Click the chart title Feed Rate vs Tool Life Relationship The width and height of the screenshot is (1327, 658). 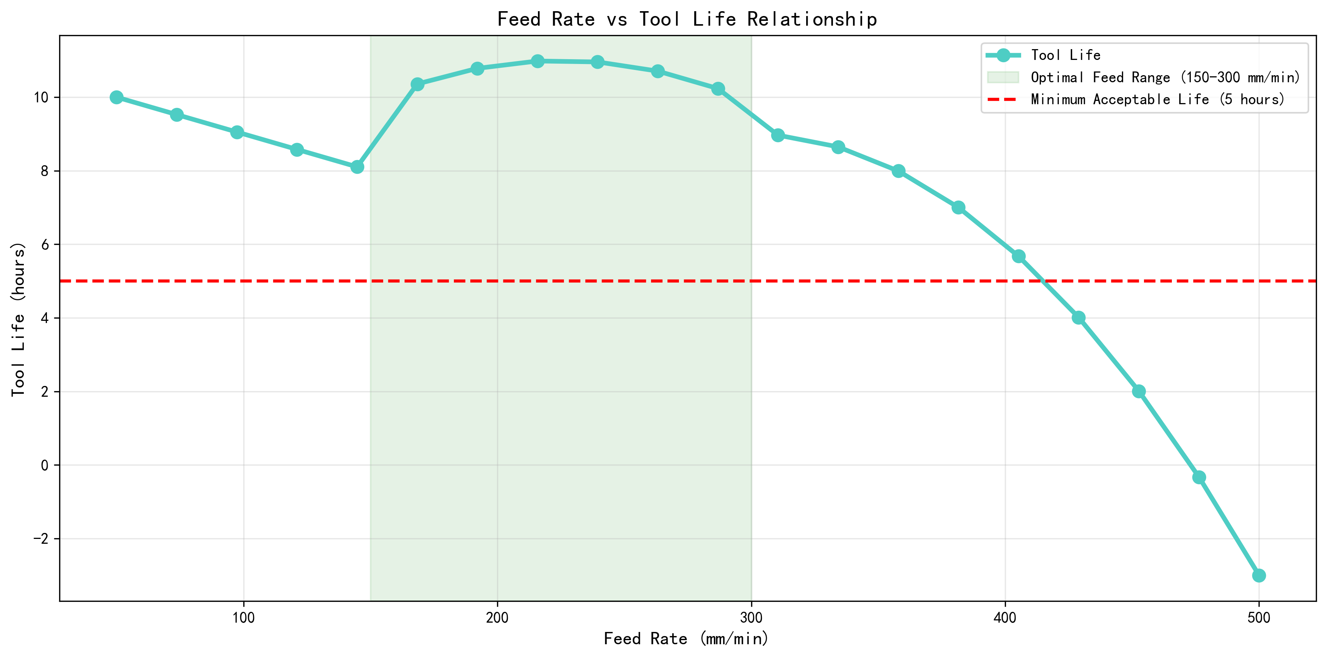(687, 20)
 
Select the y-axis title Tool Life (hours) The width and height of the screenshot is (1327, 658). (19, 319)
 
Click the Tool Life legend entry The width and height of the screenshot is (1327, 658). (1065, 55)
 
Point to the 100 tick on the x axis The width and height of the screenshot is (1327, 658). (244, 617)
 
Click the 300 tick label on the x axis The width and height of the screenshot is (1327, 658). (751, 617)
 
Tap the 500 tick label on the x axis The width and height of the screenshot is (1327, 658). (1259, 617)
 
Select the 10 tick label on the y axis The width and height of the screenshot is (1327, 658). (41, 98)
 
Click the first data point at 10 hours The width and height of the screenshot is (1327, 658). (116, 98)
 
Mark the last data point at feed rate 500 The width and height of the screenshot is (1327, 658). (1259, 575)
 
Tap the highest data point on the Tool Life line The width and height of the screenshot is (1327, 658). (537, 61)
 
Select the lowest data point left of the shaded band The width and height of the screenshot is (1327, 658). (357, 167)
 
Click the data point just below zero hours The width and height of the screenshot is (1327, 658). (1199, 477)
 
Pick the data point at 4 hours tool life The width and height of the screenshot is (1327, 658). (1078, 318)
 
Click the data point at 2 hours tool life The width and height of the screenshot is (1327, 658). (1138, 391)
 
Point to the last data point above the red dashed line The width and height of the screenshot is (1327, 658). (1019, 256)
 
